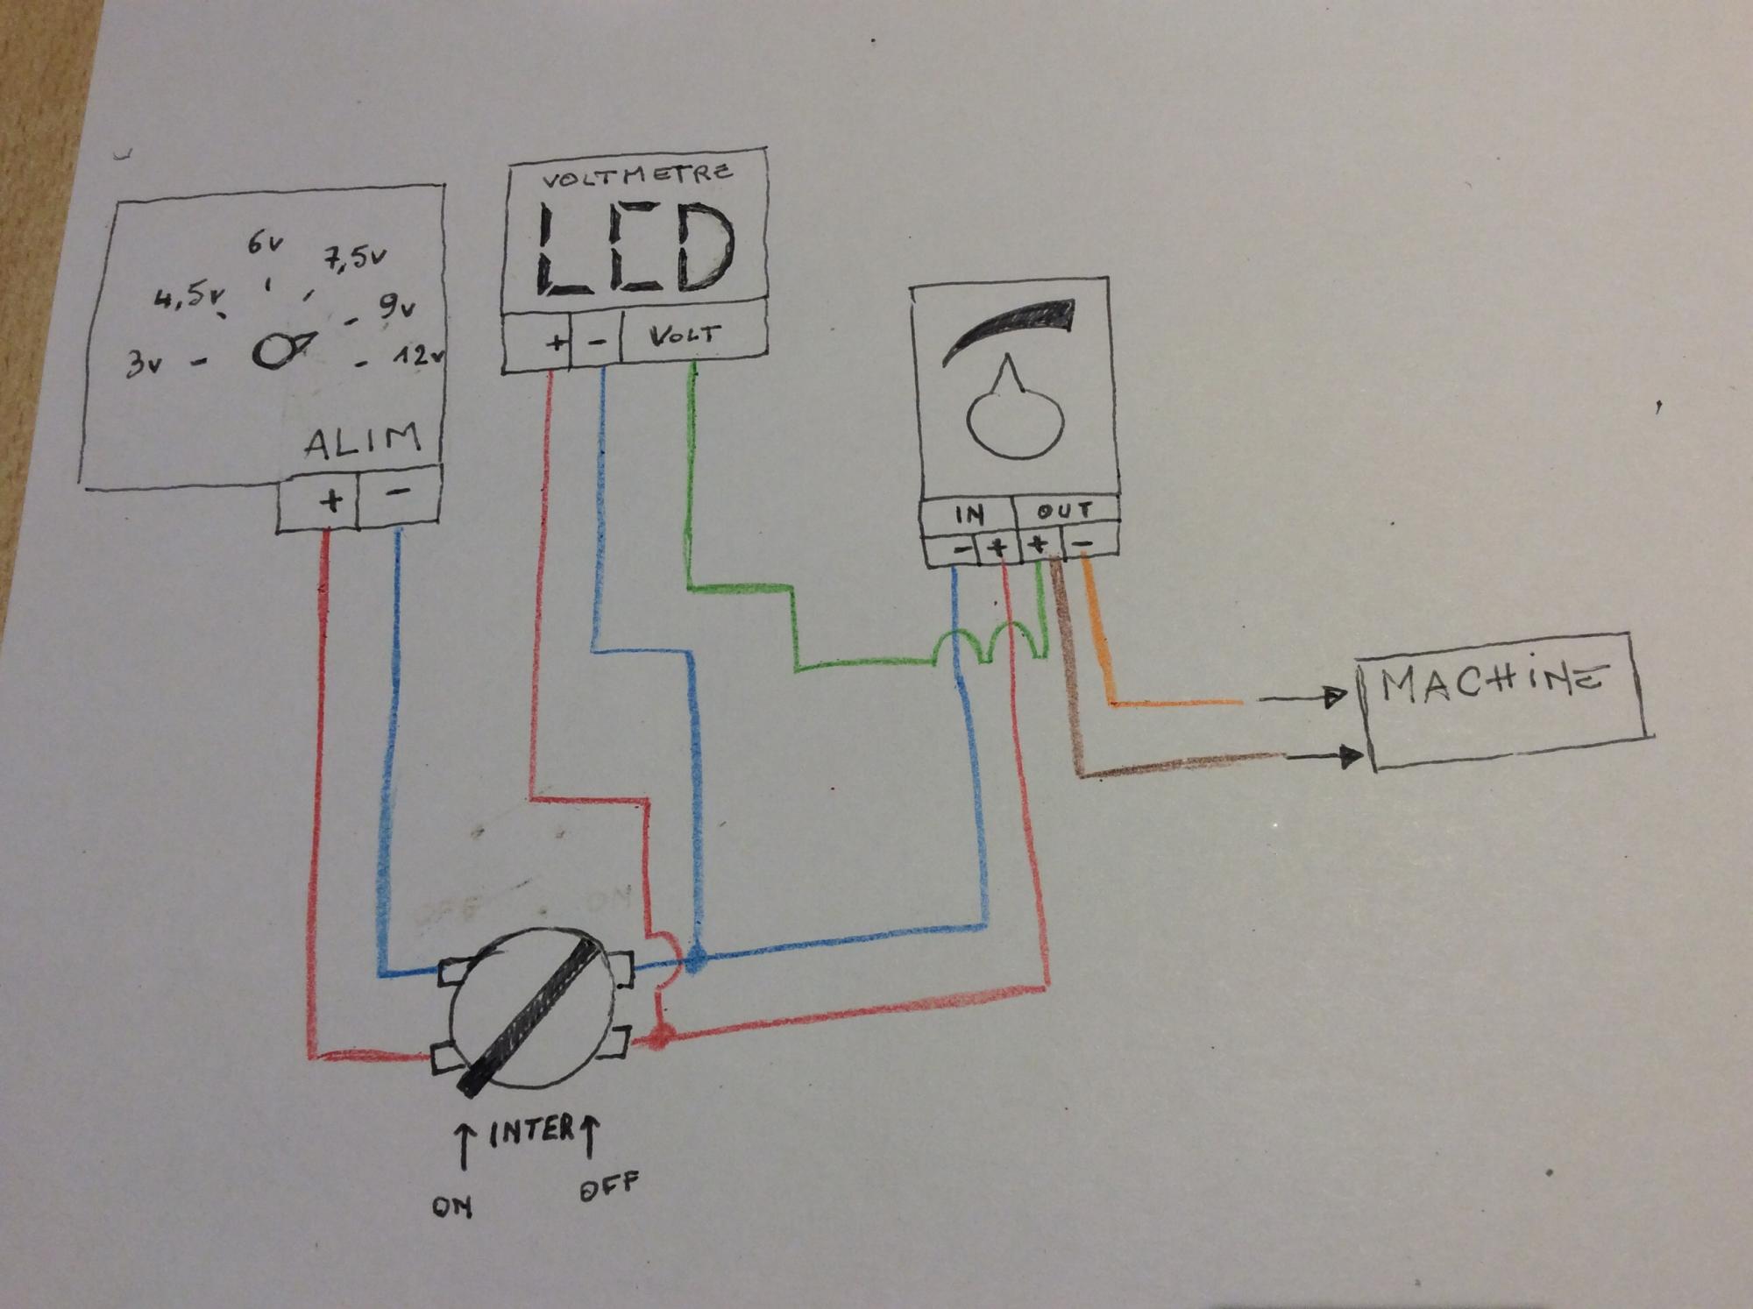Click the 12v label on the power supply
tap(419, 357)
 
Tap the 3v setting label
tap(144, 362)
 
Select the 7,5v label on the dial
tap(355, 258)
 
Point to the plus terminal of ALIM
tap(330, 501)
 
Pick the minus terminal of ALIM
tap(399, 493)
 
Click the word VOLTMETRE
tap(636, 174)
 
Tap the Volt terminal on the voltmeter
tap(685, 336)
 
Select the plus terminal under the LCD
tap(555, 343)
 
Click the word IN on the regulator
tap(969, 514)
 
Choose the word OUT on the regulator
tap(1064, 511)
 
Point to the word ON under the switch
tap(452, 1206)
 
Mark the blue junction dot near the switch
tap(697, 959)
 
